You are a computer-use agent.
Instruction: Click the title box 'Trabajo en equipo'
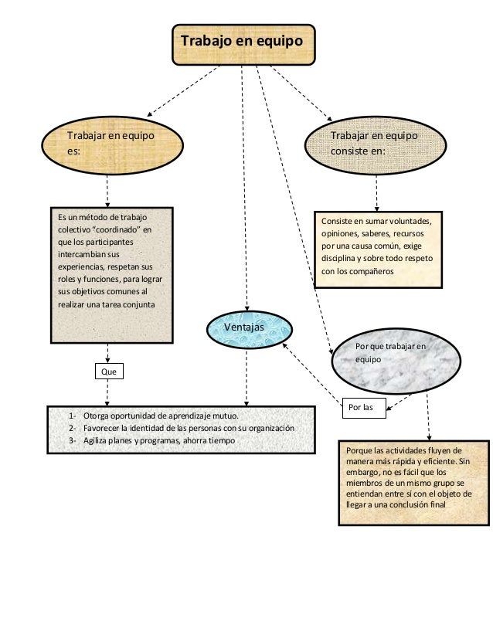click(x=243, y=45)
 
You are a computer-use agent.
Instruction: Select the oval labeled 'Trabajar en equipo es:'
click(x=112, y=145)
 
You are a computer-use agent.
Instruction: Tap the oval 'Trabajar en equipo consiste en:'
click(x=376, y=145)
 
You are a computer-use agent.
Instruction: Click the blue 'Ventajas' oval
click(x=249, y=330)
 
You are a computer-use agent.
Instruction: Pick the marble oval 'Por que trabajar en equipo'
click(x=396, y=361)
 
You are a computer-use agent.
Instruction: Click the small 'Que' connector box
click(x=109, y=371)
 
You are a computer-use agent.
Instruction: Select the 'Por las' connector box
click(x=364, y=408)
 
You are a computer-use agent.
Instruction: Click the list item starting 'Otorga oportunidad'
click(x=161, y=416)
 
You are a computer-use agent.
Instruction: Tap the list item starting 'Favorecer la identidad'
click(x=189, y=428)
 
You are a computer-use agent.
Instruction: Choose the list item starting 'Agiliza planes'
click(x=159, y=440)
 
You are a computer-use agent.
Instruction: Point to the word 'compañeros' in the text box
click(x=373, y=271)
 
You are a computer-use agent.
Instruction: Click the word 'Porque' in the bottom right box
click(x=359, y=451)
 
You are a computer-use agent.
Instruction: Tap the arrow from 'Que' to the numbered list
click(x=107, y=392)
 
